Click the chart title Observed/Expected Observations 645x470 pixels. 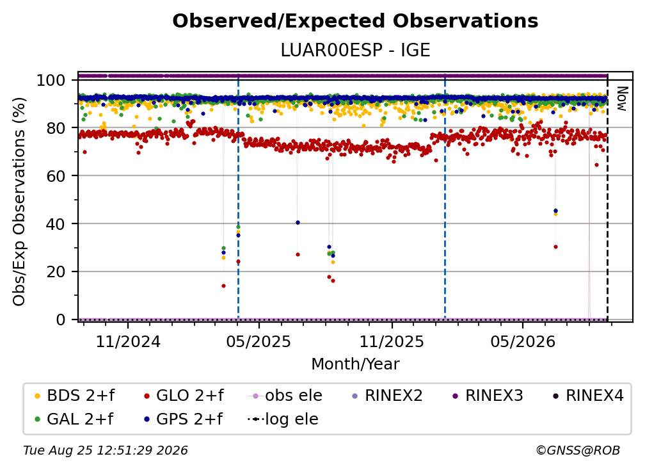tap(355, 21)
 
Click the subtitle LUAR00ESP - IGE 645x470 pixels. tap(355, 51)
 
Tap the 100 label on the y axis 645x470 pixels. tap(51, 80)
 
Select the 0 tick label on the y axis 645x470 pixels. tap(60, 320)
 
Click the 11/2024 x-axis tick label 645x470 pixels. tap(128, 341)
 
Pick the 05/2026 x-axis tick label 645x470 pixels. tap(522, 341)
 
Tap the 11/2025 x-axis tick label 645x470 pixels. tap(392, 341)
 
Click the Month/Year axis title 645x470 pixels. tap(355, 364)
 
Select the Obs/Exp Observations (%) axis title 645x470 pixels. tap(19, 202)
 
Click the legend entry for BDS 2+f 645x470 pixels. tap(74, 396)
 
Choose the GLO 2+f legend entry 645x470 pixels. tap(184, 396)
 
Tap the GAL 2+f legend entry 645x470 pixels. tap(74, 419)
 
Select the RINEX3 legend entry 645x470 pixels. tap(488, 396)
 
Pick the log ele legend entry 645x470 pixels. tap(283, 419)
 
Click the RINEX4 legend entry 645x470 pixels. tap(588, 396)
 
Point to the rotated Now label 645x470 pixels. tap(621, 99)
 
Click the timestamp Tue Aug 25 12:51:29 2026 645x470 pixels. tap(106, 451)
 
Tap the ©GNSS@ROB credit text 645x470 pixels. tap(578, 451)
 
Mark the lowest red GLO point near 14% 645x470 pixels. tap(223, 286)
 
